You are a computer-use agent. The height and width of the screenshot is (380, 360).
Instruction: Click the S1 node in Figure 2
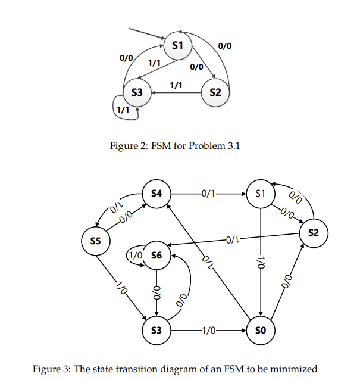(x=177, y=45)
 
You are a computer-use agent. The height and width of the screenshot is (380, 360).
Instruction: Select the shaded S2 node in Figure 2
(x=215, y=92)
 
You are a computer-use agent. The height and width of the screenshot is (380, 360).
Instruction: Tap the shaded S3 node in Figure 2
(x=137, y=92)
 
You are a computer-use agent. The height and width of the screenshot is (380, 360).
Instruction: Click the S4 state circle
(x=156, y=194)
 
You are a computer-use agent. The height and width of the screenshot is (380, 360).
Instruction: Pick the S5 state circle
(x=95, y=241)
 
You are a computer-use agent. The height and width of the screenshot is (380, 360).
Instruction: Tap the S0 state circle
(x=262, y=330)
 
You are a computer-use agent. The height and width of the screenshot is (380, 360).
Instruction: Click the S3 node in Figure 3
(x=156, y=330)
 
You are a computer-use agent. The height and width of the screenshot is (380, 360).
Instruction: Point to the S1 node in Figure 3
(x=261, y=194)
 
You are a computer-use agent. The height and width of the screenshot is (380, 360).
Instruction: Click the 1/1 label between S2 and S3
(x=176, y=85)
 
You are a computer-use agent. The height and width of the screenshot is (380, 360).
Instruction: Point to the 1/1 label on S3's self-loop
(x=123, y=110)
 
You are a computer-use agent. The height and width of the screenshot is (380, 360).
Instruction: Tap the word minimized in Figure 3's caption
(x=292, y=369)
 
